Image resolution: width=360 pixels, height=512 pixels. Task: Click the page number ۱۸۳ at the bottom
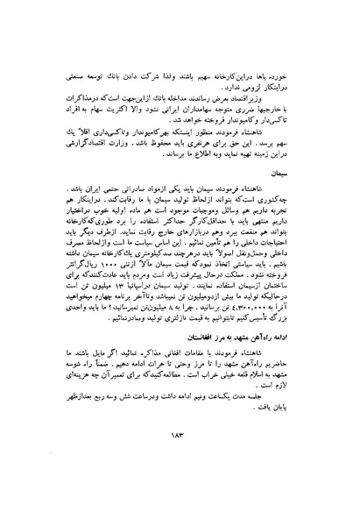pos(178,470)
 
